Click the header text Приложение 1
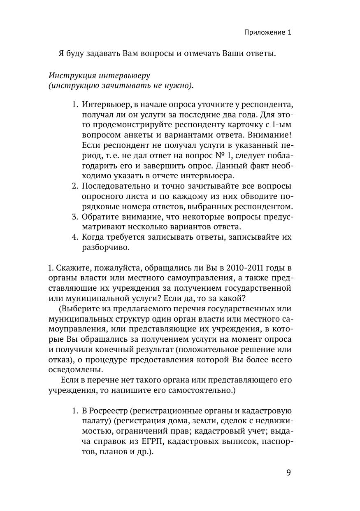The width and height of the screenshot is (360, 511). [267, 33]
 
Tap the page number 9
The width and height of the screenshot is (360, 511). [288, 473]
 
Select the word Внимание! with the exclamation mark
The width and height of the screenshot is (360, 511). [272, 135]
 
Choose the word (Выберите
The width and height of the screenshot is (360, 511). [78, 308]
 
